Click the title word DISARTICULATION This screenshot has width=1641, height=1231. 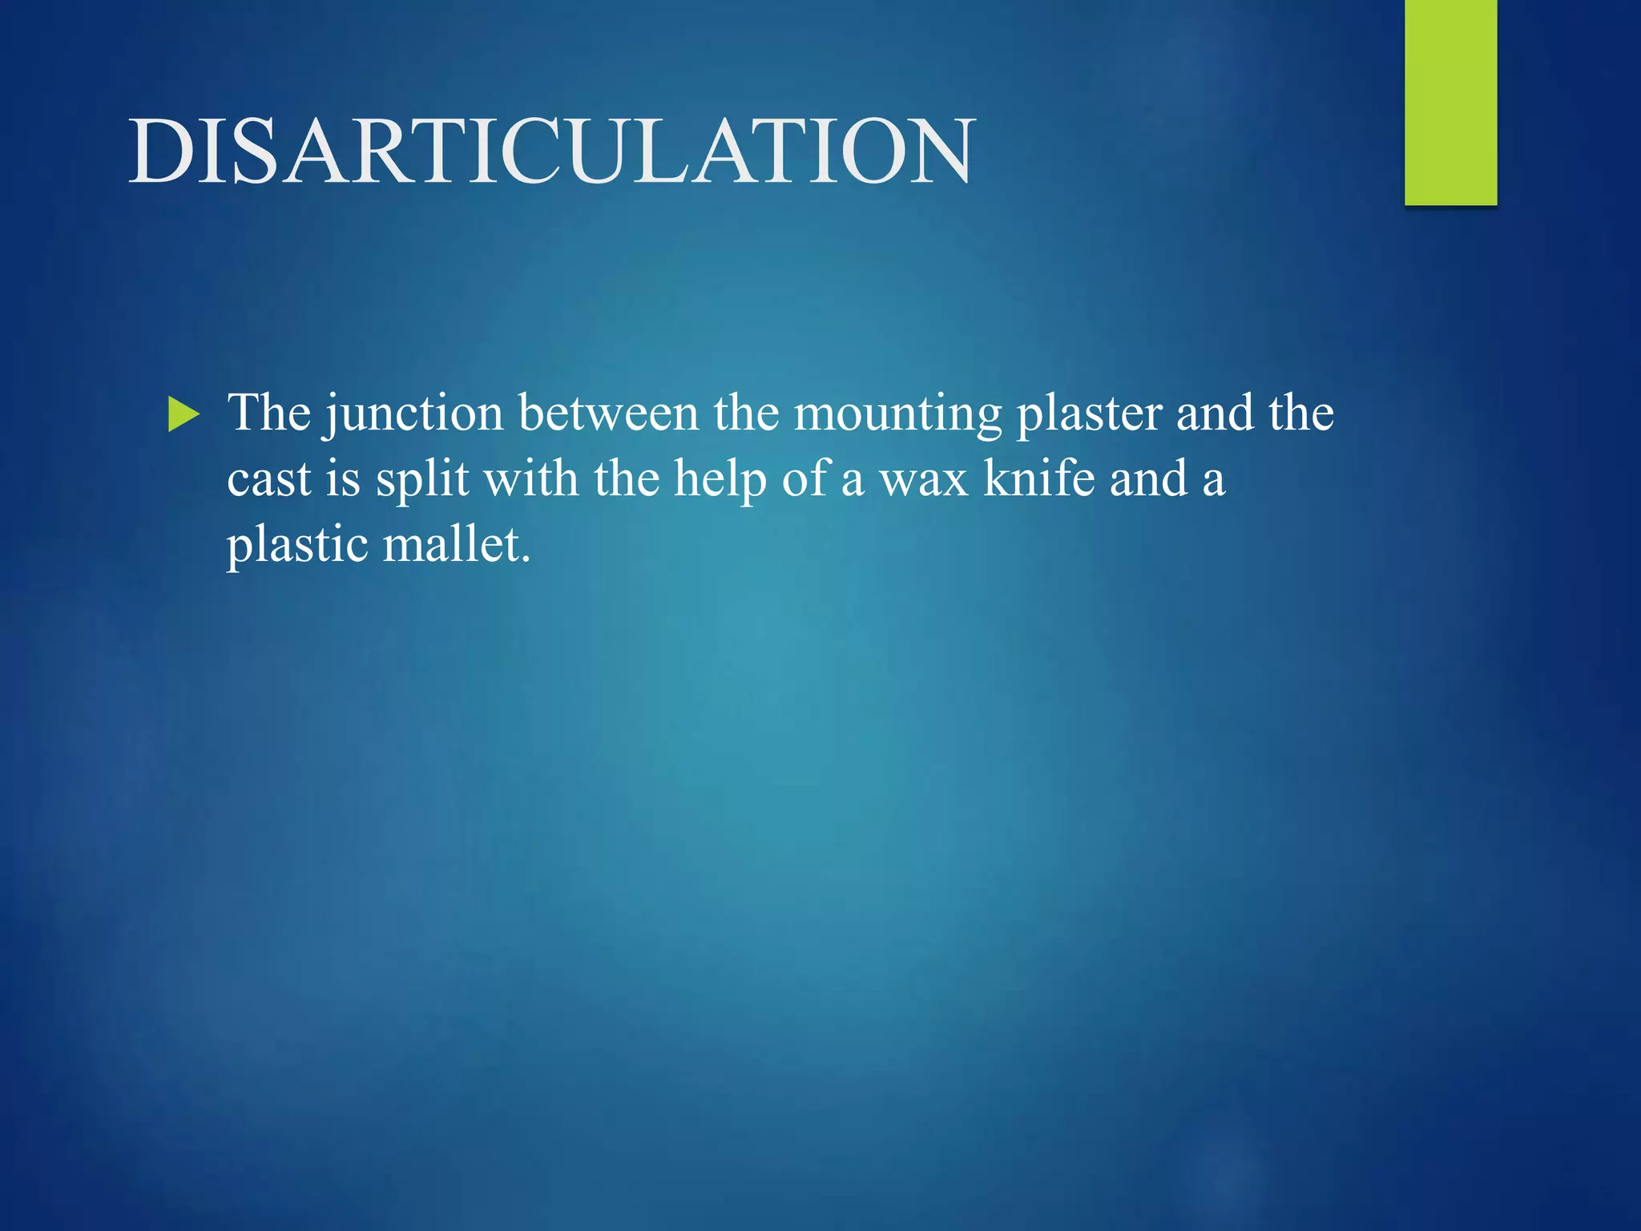[552, 151]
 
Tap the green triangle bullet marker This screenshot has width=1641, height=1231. [183, 415]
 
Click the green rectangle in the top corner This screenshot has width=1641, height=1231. [1450, 102]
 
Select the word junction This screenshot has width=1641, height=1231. [413, 415]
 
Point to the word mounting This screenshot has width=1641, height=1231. [897, 415]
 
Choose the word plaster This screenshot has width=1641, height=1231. [1089, 415]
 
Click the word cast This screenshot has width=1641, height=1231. [268, 479]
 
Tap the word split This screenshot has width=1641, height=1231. [422, 481]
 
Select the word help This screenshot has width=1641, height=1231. [720, 481]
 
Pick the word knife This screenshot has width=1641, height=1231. [1038, 479]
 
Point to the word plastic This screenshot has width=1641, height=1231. [297, 547]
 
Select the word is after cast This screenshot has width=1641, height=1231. [343, 479]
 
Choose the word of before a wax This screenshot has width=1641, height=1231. [804, 479]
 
